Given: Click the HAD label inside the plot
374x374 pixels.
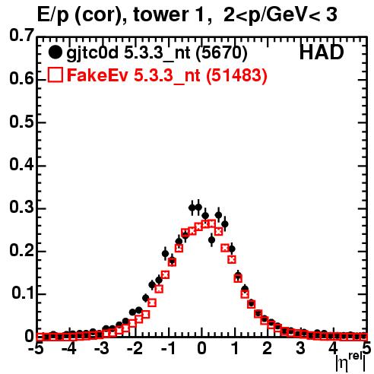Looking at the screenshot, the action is (322, 52).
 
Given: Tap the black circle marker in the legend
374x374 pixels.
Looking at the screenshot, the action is (55, 52).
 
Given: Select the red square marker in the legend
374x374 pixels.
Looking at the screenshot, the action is (55, 75).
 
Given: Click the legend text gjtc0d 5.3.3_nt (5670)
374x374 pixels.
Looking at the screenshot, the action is (157, 53).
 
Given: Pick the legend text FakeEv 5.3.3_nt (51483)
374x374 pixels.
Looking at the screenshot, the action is (167, 75).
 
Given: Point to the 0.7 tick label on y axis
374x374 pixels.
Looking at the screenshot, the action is (21, 35).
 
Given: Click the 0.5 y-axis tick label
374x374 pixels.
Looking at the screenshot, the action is (21, 122).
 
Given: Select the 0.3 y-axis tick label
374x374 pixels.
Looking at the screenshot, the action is (21, 208).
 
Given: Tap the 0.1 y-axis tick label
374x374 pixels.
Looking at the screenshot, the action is (23, 293).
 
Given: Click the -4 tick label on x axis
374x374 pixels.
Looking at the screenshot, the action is (68, 348).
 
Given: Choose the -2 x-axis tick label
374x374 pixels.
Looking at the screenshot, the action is (135, 348).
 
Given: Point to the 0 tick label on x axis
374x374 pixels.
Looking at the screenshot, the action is (201, 348).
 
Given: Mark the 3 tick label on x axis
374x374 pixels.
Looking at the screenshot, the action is (301, 348).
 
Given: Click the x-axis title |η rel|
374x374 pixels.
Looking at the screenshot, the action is (350, 361).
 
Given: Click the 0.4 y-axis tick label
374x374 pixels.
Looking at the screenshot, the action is (21, 165).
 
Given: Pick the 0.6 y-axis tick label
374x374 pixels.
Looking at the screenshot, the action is (21, 79).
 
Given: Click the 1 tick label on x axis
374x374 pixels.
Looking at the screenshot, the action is (236, 348).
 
